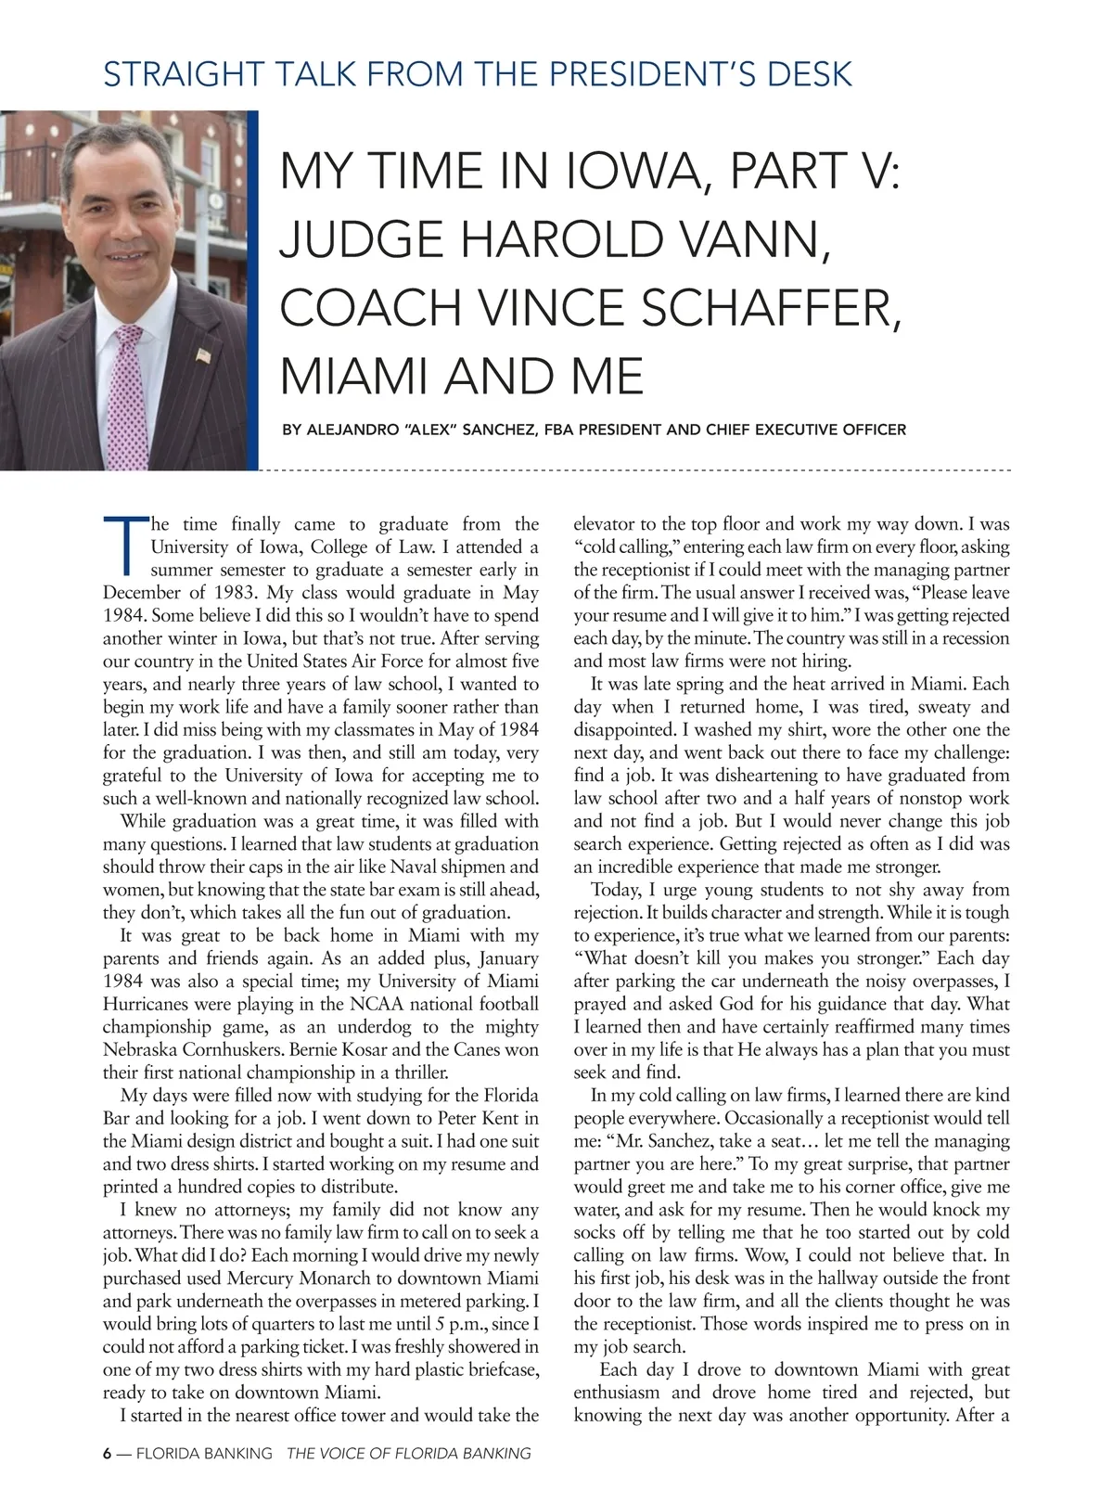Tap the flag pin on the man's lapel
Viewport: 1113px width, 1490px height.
coord(203,355)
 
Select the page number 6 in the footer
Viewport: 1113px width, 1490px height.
coord(107,1454)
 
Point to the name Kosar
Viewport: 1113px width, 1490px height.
coord(376,1049)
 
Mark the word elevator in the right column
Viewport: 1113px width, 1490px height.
coord(605,524)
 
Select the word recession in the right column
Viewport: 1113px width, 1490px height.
coord(973,638)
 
